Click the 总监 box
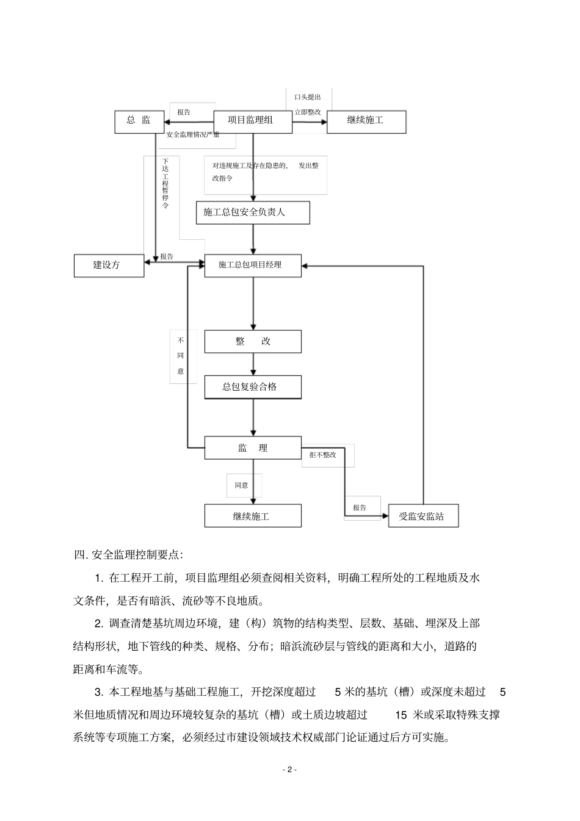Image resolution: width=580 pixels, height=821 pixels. tap(139, 121)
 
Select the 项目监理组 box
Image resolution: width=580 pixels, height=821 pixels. tap(251, 120)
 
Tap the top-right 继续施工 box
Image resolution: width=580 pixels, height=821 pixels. tap(366, 121)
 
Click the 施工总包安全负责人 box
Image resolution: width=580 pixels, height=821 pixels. tap(252, 212)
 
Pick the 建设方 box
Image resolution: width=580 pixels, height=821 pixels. tap(109, 266)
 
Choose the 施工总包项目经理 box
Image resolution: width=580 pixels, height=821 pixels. tap(252, 265)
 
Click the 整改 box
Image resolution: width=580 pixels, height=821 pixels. tap(252, 342)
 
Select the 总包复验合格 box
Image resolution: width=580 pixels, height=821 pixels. tap(252, 387)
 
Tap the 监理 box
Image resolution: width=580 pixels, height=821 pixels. tap(252, 448)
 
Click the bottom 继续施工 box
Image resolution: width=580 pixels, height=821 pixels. tap(252, 516)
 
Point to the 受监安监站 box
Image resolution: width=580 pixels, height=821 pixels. tap(422, 516)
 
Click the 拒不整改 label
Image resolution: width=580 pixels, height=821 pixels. tap(323, 455)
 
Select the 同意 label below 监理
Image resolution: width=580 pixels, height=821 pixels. tap(242, 485)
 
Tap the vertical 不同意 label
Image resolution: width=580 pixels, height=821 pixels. tap(181, 356)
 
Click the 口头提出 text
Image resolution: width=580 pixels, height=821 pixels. tap(308, 97)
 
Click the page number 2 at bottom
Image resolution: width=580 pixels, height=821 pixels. tap(290, 770)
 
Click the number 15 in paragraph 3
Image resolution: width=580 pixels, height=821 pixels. tap(401, 714)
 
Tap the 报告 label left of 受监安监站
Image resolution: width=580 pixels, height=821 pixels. tap(360, 508)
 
